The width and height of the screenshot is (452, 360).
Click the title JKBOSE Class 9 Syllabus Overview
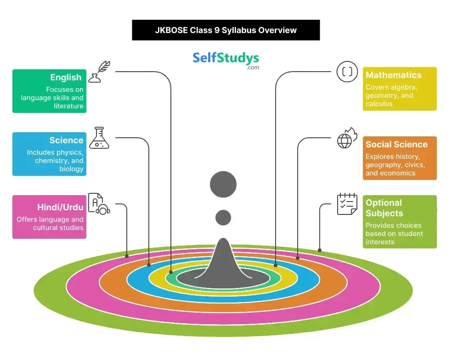click(226, 30)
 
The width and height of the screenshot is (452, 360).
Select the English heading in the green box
click(66, 78)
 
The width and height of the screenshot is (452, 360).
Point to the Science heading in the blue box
click(66, 141)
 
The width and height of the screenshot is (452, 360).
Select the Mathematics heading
click(393, 75)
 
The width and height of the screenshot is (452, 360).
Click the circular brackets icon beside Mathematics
click(347, 72)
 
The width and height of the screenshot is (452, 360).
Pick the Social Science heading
click(396, 144)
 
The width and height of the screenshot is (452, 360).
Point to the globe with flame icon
click(347, 138)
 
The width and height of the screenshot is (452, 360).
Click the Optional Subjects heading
click(384, 208)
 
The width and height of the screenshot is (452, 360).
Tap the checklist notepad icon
click(347, 204)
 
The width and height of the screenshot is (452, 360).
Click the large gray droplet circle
click(223, 185)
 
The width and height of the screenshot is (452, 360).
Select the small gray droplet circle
click(223, 217)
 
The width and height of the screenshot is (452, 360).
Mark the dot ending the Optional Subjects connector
click(320, 251)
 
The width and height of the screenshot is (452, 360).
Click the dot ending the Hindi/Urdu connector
click(127, 255)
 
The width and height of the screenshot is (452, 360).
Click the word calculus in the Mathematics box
click(379, 104)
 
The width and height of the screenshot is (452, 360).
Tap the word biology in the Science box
click(71, 169)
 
